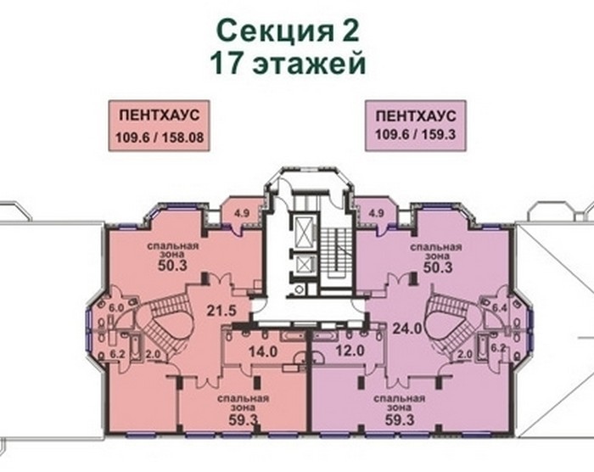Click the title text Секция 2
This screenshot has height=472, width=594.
(288, 31)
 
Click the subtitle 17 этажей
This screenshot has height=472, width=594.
(288, 63)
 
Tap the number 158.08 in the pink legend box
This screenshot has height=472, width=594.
(183, 138)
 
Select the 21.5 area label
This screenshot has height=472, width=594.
(221, 311)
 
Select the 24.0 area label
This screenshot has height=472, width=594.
(407, 329)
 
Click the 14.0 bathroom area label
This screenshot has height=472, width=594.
(263, 351)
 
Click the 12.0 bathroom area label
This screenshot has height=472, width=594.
(350, 351)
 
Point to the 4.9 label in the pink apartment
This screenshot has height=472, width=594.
(242, 213)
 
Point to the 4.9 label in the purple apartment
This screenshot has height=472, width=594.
(376, 213)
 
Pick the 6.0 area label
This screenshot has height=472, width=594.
(116, 308)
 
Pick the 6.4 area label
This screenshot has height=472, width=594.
(499, 308)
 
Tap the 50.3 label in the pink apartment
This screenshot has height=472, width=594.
(173, 266)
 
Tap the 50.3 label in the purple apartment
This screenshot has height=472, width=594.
(438, 267)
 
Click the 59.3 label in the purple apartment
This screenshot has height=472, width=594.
(400, 419)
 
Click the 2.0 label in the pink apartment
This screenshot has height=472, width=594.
(154, 354)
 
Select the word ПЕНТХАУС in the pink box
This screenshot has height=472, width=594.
(160, 115)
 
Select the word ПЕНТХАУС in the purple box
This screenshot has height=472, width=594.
(416, 116)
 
